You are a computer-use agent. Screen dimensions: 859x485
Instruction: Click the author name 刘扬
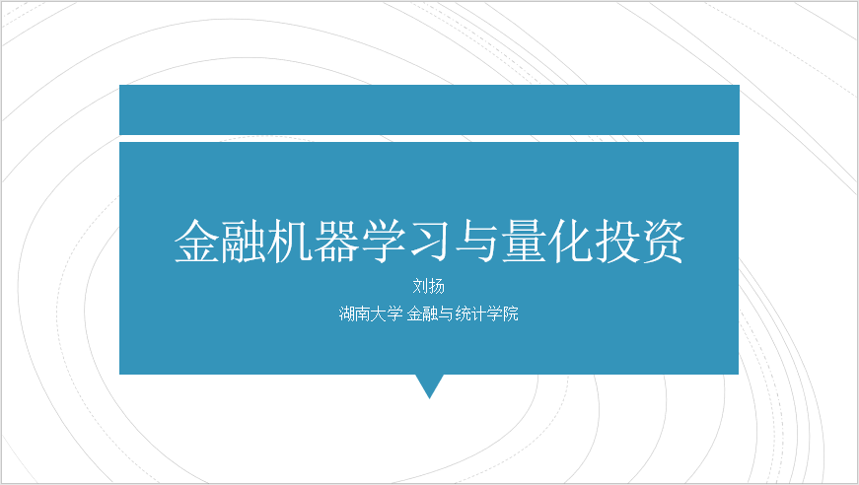coord(428,286)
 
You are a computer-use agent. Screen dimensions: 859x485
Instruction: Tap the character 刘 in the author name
coord(420,286)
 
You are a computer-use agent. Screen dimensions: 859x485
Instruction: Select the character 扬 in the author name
coord(437,286)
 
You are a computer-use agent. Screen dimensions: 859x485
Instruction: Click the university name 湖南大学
coord(371,313)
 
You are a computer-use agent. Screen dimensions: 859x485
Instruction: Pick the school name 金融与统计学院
coord(463,313)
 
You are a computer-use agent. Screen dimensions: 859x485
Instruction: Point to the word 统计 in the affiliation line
coord(471,313)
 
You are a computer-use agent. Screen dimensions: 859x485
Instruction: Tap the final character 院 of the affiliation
coord(511,313)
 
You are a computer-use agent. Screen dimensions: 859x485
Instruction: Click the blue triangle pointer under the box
coord(430,384)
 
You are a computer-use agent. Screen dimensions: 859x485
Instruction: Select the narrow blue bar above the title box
coord(430,109)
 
